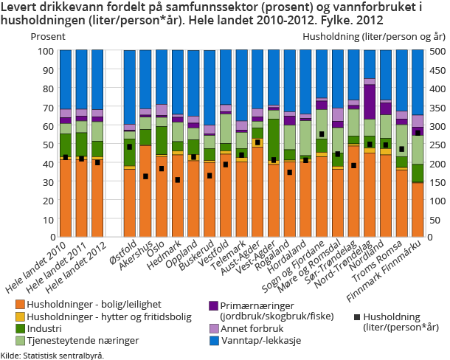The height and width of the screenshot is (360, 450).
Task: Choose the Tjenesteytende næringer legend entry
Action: (x=73, y=340)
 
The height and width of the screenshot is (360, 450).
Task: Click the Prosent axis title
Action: (x=44, y=35)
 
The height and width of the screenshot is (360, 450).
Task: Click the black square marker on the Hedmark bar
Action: (x=177, y=179)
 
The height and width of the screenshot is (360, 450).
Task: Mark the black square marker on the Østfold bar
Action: (x=129, y=147)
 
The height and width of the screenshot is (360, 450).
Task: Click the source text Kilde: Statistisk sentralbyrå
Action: (x=52, y=355)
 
